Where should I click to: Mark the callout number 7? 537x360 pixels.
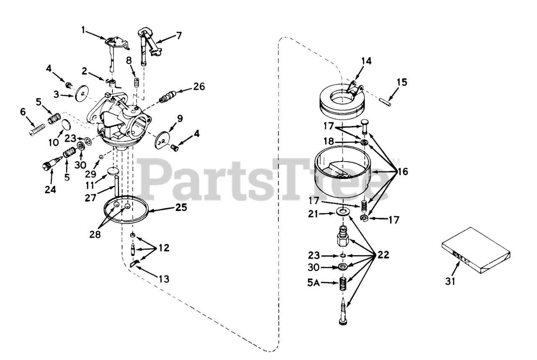point(179,35)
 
